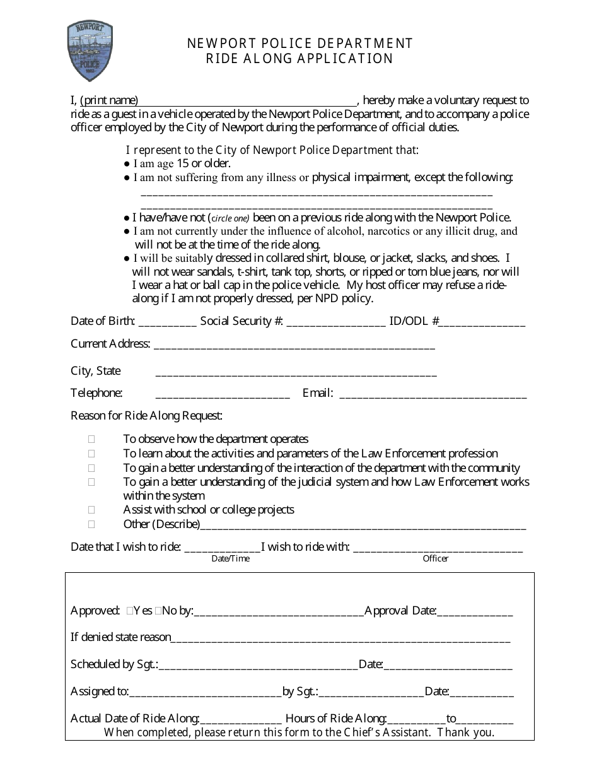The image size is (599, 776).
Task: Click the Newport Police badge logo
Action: [90, 49]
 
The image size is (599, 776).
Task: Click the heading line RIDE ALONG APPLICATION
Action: [299, 59]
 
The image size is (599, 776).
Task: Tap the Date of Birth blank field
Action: [167, 322]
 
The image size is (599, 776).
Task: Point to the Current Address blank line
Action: [294, 345]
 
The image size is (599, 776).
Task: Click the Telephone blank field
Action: [222, 394]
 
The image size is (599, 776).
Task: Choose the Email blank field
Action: [433, 394]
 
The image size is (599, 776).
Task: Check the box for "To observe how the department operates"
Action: [92, 439]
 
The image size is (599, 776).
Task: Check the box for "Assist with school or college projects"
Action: [92, 510]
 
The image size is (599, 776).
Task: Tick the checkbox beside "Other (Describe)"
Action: [92, 524]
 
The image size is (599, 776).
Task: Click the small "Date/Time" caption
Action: [230, 558]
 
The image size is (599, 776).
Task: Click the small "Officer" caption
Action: [436, 558]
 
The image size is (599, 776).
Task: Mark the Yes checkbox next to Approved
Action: [129, 611]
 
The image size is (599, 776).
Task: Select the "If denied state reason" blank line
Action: [340, 638]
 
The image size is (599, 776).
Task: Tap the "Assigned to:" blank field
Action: [205, 693]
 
